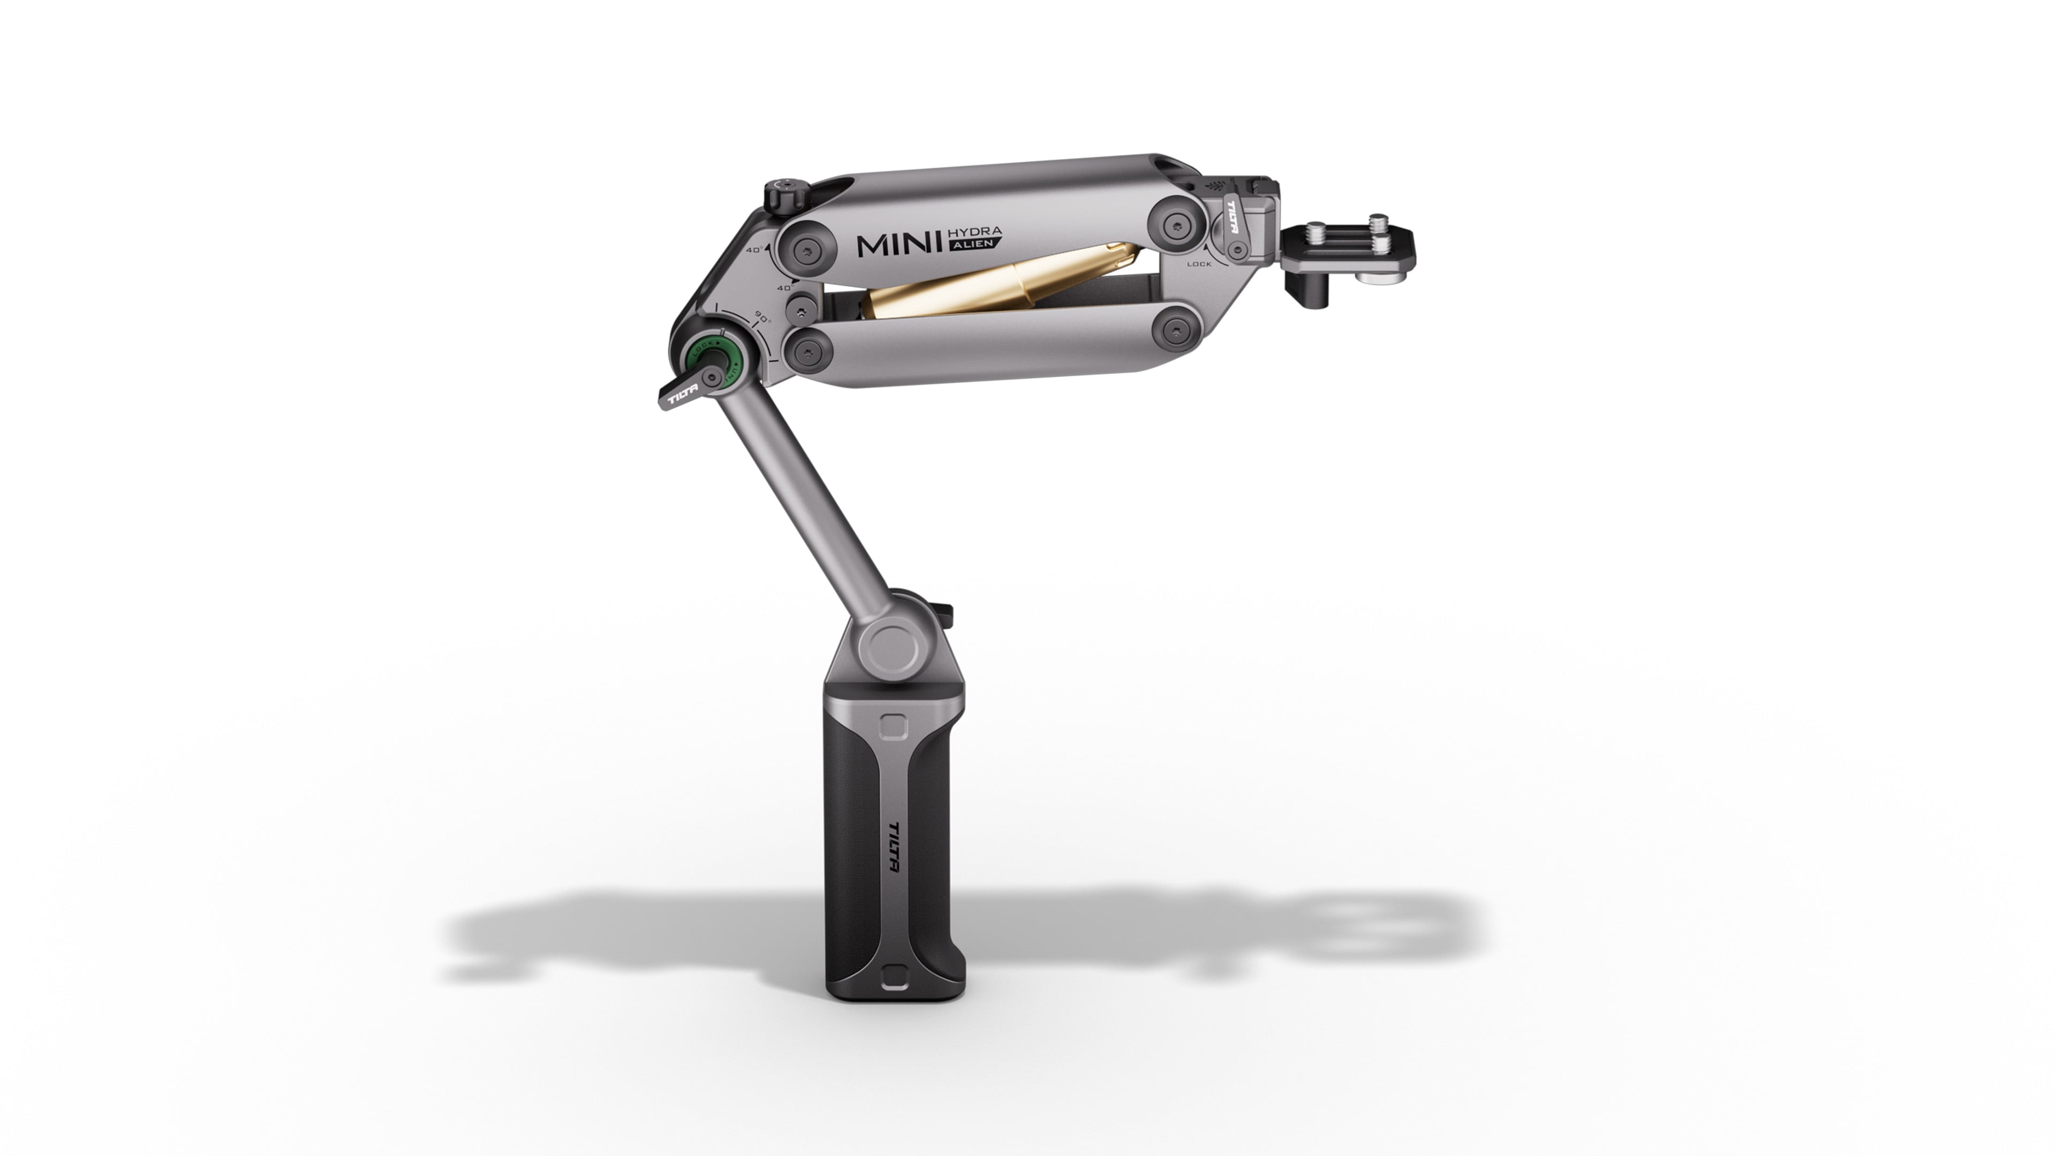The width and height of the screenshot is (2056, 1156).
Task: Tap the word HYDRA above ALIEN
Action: tap(974, 231)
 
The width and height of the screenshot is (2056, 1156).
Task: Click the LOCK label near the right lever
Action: tap(1199, 264)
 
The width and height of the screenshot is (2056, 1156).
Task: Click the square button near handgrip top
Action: tap(893, 725)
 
